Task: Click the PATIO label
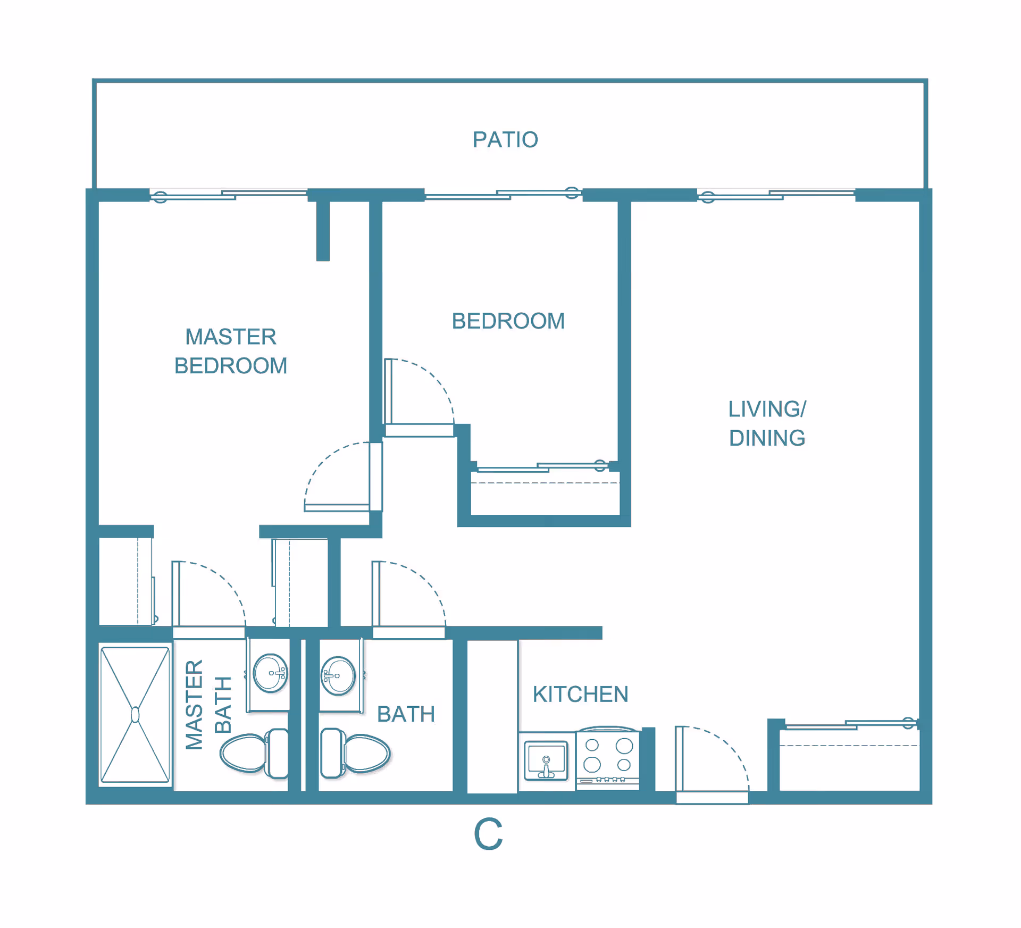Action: (x=505, y=140)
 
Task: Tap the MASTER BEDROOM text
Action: (x=231, y=351)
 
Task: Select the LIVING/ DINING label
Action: (x=767, y=423)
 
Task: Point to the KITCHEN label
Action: (x=581, y=695)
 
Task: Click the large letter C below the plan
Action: (x=488, y=834)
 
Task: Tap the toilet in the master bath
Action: (x=254, y=754)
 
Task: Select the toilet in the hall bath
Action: (x=355, y=754)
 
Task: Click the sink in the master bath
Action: (x=270, y=673)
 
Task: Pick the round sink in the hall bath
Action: (x=338, y=676)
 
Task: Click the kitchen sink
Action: (x=546, y=760)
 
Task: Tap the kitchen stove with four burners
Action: (x=608, y=758)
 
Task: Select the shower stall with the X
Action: (x=135, y=715)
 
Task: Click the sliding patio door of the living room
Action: (x=776, y=195)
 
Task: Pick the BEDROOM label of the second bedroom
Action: (x=508, y=321)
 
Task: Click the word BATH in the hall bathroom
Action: (x=406, y=714)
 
